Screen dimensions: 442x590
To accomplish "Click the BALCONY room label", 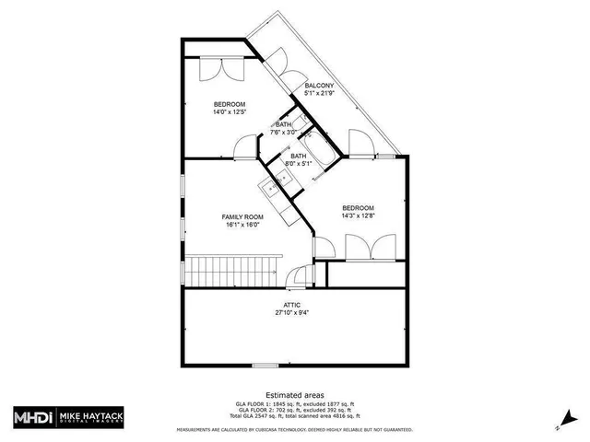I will click(318, 85).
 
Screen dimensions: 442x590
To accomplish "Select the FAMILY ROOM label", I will click(242, 216).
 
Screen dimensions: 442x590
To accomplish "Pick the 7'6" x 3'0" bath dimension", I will click(285, 133).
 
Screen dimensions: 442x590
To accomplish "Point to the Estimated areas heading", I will click(294, 394).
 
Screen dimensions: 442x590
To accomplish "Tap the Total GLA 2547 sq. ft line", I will click(294, 417).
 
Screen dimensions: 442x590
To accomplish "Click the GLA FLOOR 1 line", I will click(294, 404).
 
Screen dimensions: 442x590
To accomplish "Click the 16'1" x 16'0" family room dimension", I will click(242, 225).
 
